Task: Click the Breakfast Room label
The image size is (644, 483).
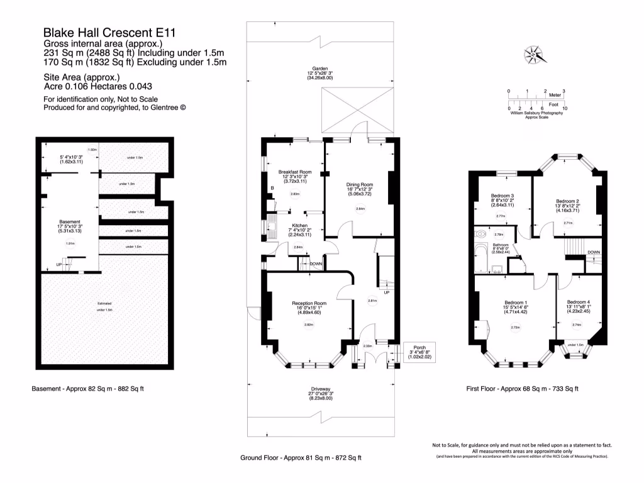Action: (295, 172)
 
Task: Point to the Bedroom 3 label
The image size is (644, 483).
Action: (501, 196)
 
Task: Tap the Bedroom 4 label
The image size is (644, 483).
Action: (579, 301)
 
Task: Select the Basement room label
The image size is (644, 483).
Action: (69, 221)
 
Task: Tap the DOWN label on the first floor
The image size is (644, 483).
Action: (593, 252)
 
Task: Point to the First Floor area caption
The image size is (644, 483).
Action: (522, 389)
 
